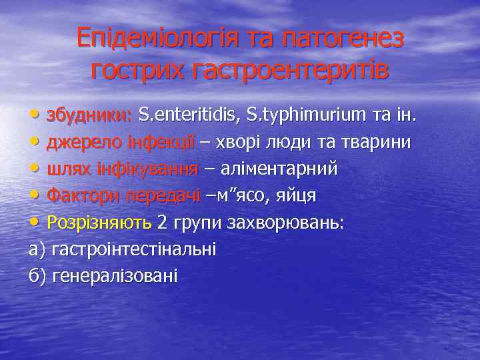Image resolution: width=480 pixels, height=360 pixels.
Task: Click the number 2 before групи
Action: [161, 222]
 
